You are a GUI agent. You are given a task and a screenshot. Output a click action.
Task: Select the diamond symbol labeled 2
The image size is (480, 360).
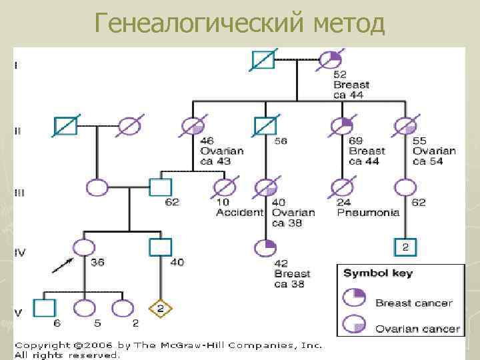pyautogui.click(x=160, y=308)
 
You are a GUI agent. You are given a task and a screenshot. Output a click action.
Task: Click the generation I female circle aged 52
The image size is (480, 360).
pyautogui.click(x=330, y=61)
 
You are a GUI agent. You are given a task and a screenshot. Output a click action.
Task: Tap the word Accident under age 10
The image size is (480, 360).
pyautogui.click(x=239, y=213)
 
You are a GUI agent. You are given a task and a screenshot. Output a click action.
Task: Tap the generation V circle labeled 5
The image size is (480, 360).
pyautogui.click(x=85, y=308)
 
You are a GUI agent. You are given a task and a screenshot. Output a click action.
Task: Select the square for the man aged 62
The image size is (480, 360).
pyautogui.click(x=160, y=187)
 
